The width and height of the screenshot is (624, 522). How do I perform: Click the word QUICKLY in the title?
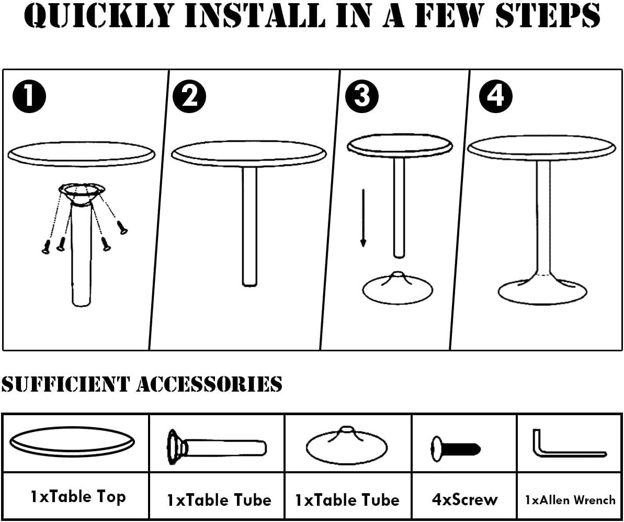click(99, 16)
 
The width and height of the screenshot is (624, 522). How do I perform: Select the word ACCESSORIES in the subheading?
click(209, 384)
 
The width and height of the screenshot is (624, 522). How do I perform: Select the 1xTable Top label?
click(78, 496)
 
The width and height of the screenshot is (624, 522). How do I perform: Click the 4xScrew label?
click(464, 499)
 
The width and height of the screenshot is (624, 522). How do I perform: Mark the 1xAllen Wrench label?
click(570, 499)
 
